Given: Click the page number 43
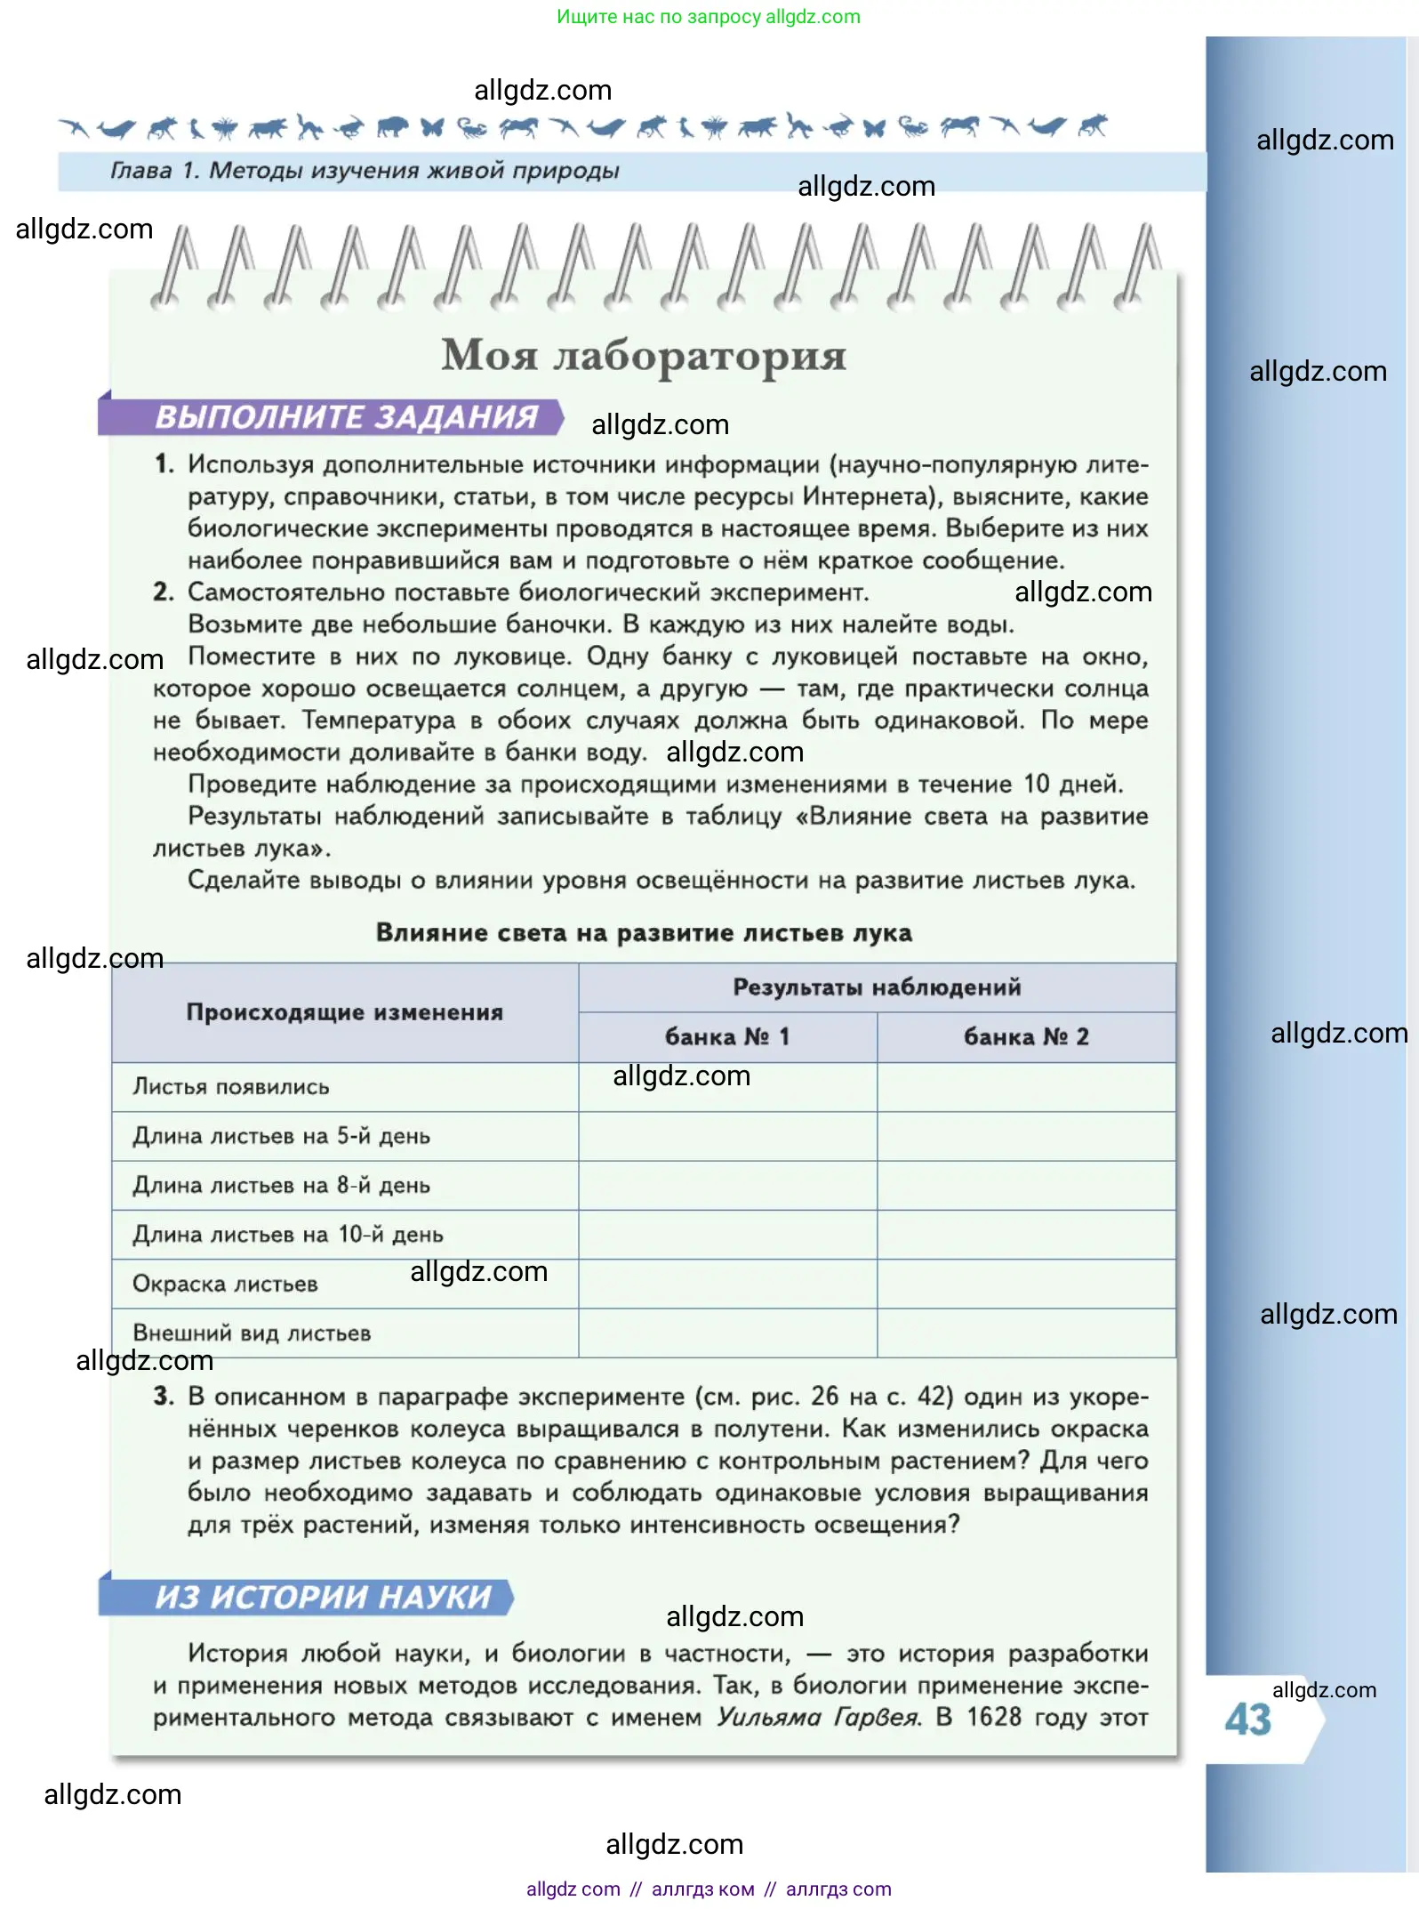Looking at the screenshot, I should click(1247, 1720).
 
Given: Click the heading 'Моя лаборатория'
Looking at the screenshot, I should click(644, 356).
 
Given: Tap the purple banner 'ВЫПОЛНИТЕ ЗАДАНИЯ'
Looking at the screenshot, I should click(346, 417).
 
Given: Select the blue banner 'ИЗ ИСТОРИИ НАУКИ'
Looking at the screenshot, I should click(323, 1597).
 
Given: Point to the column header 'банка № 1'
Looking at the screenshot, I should click(726, 1037).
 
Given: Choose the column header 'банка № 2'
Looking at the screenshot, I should click(1026, 1037).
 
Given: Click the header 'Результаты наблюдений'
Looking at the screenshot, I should click(877, 987).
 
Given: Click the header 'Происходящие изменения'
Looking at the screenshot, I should click(345, 1012).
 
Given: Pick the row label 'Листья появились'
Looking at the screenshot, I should click(231, 1087).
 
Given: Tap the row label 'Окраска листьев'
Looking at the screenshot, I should click(225, 1284).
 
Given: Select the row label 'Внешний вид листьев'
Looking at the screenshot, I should click(252, 1333).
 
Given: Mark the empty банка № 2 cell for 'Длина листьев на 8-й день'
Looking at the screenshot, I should click(1026, 1185).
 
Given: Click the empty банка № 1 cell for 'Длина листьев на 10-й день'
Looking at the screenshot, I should click(727, 1235).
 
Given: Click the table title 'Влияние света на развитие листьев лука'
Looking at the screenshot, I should click(644, 933).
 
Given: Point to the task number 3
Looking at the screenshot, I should click(164, 1397).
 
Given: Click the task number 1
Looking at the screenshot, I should click(164, 464).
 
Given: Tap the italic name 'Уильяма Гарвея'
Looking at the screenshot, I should click(818, 1717).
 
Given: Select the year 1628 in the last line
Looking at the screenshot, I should click(994, 1717).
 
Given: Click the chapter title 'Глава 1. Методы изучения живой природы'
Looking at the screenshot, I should click(365, 171).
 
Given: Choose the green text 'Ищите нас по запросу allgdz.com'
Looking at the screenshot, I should click(709, 17).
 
